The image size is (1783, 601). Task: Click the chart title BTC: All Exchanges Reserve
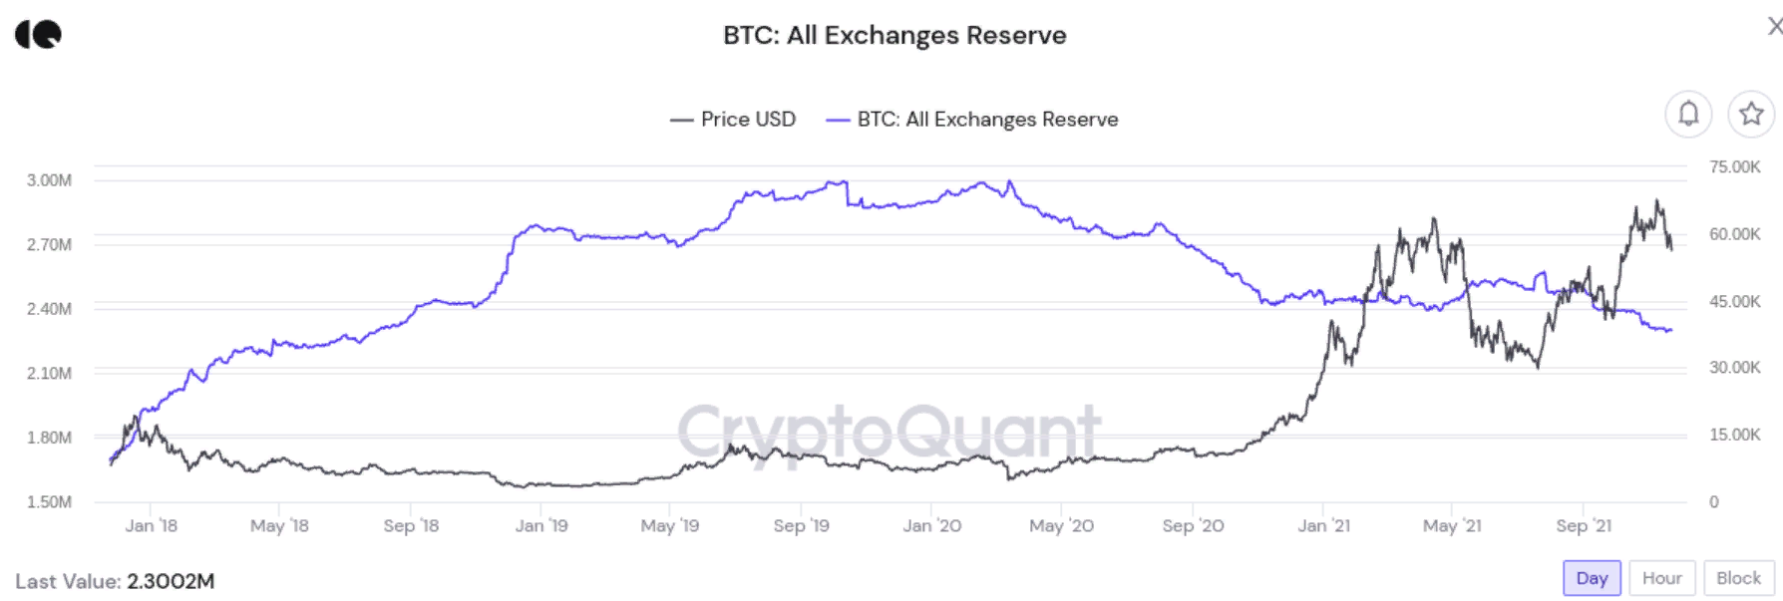[894, 36]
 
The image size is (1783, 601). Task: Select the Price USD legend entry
[735, 120]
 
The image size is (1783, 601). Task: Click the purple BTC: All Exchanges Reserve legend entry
[974, 120]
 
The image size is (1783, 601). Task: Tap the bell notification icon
[1688, 114]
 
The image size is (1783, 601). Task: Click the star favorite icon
[1751, 114]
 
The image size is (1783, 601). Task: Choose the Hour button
[1661, 578]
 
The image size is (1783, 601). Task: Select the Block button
[1738, 578]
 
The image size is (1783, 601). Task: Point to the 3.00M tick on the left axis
[49, 180]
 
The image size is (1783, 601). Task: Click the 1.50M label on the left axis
[49, 501]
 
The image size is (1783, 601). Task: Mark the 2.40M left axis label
[49, 309]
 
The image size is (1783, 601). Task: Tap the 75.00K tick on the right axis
[1734, 166]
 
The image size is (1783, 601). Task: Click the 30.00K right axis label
[1734, 368]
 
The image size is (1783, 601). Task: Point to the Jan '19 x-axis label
[541, 525]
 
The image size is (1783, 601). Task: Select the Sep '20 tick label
[1193, 525]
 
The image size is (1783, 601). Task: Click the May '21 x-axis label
[1452, 525]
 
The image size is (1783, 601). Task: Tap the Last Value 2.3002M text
[115, 581]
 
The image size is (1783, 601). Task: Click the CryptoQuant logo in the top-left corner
[38, 35]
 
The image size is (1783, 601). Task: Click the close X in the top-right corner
[1774, 27]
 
